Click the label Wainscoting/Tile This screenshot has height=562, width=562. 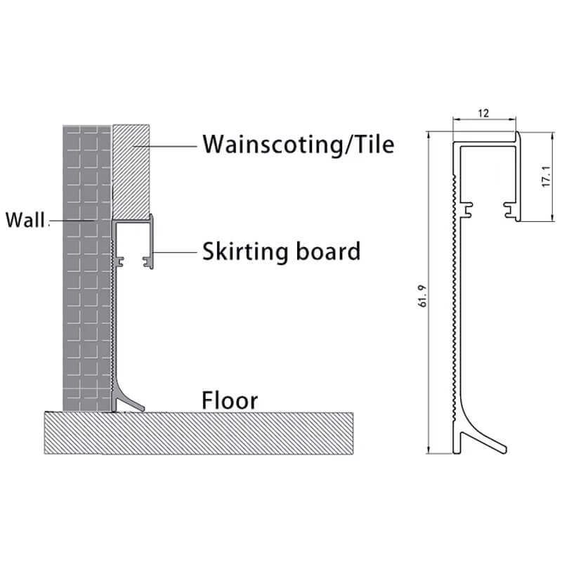[299, 145]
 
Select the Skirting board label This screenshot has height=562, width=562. [281, 250]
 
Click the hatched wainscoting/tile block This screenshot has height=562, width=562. [132, 169]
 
